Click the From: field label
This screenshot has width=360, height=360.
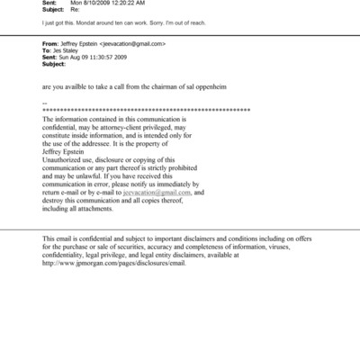pos(52,43)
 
